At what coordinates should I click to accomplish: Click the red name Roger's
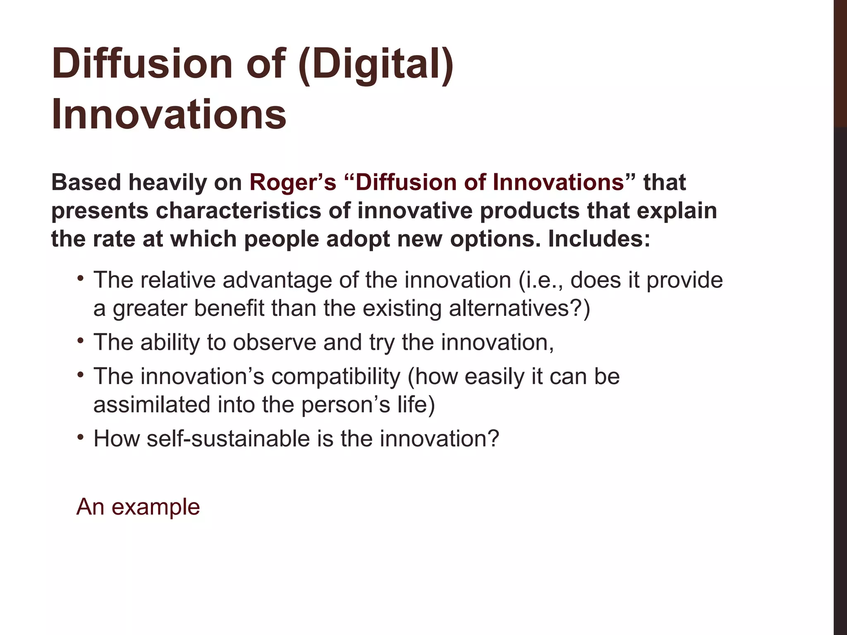tap(293, 183)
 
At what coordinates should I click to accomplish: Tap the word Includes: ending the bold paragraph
tap(599, 239)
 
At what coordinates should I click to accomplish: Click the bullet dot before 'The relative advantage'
tap(80, 277)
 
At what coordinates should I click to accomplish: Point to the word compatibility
tap(336, 377)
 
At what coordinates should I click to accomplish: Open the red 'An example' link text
tap(138, 507)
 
